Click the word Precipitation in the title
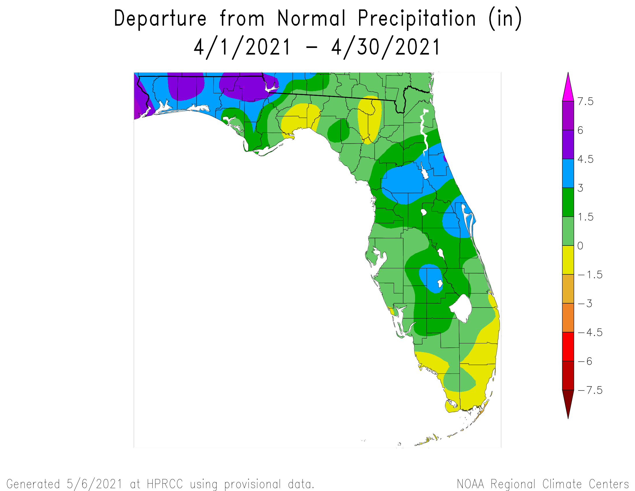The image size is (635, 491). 416,18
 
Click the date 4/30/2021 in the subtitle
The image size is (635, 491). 386,47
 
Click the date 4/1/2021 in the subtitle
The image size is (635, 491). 242,47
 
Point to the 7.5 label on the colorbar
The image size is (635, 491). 585,101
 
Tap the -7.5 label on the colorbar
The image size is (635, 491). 590,390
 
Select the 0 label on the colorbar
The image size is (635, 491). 580,246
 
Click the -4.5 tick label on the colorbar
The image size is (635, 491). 590,332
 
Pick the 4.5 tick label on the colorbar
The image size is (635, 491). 585,159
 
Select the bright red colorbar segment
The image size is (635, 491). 568,346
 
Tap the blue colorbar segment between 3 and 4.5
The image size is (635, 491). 568,173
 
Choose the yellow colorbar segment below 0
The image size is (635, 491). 568,260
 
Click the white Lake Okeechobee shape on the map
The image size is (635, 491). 461,308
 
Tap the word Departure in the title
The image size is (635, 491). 160,18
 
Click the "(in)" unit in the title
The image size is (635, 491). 505,18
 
